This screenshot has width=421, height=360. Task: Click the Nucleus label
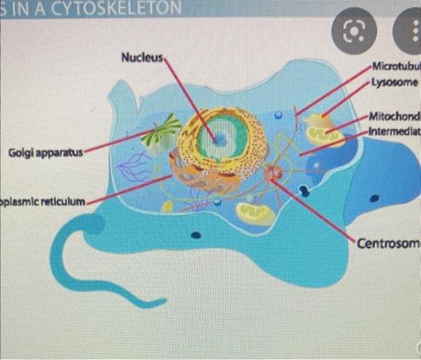point(142,58)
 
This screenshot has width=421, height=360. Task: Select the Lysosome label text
point(394,82)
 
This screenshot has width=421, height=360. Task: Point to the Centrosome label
point(387,243)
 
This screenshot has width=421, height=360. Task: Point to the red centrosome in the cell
point(274,173)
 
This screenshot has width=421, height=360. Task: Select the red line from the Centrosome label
point(319,208)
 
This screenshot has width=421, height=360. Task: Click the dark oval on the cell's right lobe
point(374,198)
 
